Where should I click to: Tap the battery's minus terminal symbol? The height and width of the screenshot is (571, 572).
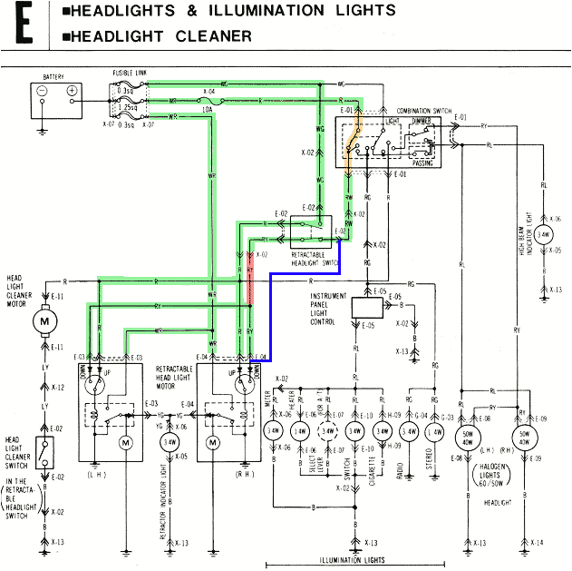tap(43, 91)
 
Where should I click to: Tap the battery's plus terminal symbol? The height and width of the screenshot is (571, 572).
tap(72, 91)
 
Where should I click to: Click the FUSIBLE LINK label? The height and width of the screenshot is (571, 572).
tap(131, 71)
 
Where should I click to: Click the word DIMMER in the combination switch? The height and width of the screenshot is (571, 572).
tap(420, 121)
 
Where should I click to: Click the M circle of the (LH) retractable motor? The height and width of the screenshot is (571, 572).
tap(126, 442)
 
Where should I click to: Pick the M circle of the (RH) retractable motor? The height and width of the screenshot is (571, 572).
tap(214, 442)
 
